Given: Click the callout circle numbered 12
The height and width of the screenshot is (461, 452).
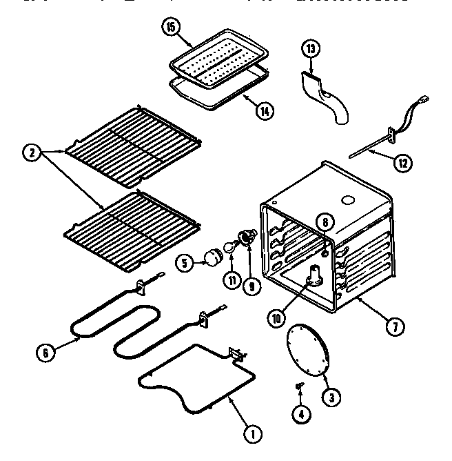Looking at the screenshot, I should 404,163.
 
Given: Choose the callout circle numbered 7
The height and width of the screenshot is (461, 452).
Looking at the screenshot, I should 394,326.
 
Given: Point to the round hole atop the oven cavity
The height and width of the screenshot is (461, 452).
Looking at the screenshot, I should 349,201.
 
